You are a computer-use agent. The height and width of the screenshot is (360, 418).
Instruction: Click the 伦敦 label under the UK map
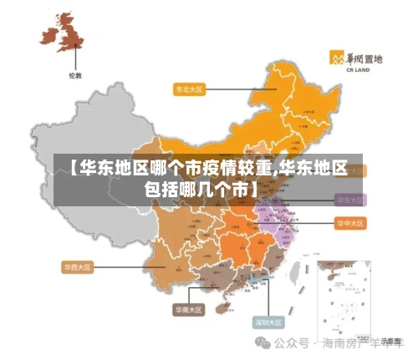coord(75,76)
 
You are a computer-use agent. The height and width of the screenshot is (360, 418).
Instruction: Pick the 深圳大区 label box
coord(268,322)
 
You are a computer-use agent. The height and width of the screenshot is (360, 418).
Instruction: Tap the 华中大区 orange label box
coord(351,224)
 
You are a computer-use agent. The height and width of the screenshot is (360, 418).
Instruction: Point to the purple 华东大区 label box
coord(350,200)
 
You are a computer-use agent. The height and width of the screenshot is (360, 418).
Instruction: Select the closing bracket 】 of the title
coord(254,188)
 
